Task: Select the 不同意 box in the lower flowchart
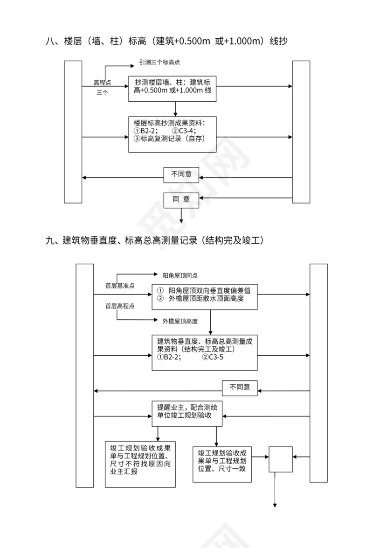coord(240,387)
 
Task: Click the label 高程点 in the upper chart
coord(102,82)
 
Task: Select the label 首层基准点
coord(120,286)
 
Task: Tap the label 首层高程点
coord(120,306)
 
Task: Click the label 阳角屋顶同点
coord(180,275)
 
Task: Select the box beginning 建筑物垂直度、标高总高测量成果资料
coord(205,352)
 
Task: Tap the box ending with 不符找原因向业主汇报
coord(140,463)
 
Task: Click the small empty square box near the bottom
coord(281,459)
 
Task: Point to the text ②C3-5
coord(213,358)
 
